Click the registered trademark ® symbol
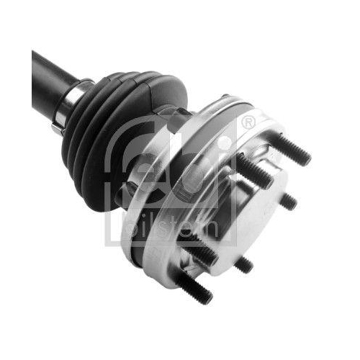[x=248, y=122]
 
